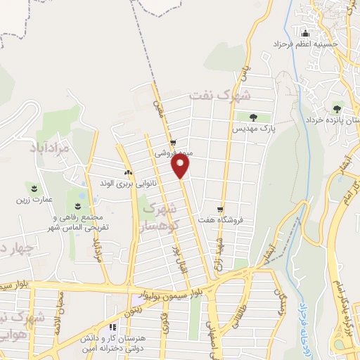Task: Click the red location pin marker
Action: pos(181,166)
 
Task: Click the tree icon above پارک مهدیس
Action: pos(253,117)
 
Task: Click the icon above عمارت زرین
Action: pos(33,187)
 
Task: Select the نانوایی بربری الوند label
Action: pos(127,184)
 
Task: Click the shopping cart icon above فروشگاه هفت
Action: pos(221,209)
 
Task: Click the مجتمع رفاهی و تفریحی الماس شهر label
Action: pos(77,222)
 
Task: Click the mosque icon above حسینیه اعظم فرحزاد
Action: pos(304,34)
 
